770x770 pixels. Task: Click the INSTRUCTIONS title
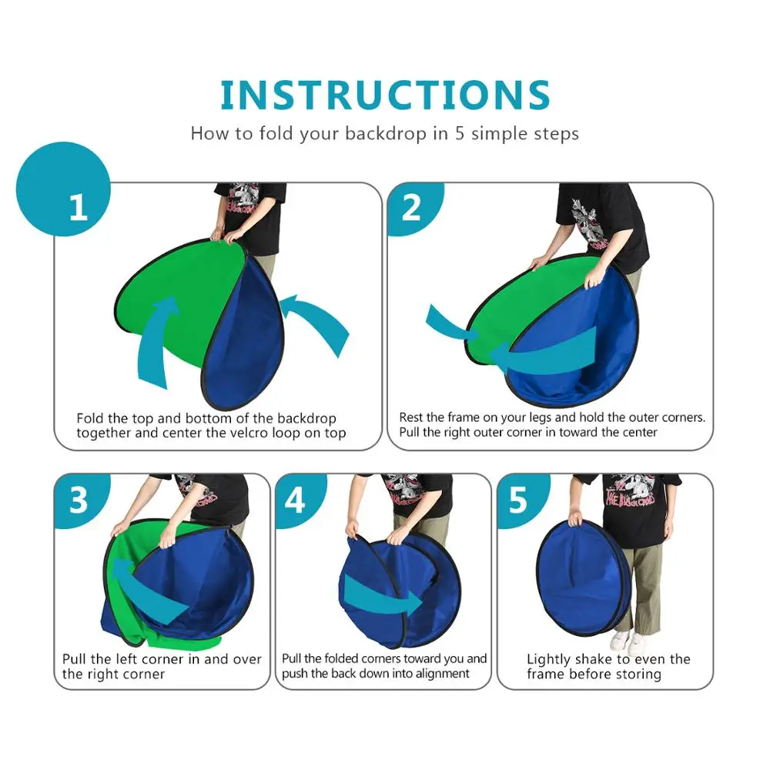(385, 95)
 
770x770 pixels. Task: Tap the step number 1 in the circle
(78, 208)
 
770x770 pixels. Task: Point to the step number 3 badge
(79, 500)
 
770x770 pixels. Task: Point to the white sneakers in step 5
(628, 641)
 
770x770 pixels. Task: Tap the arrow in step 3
(147, 591)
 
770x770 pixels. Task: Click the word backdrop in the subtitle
(386, 133)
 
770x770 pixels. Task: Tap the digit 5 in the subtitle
(460, 134)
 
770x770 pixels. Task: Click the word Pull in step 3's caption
(74, 659)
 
